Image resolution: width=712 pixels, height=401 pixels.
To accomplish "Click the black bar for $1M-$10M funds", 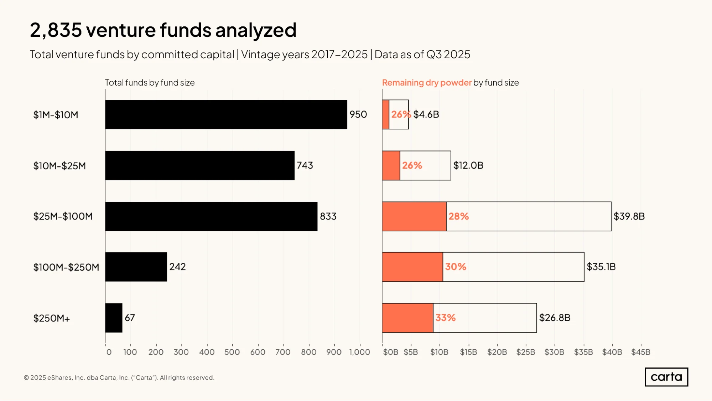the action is (x=226, y=114).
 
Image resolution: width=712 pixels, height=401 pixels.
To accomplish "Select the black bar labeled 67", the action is (x=114, y=318).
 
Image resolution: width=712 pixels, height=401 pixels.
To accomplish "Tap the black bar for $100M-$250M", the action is (x=136, y=267).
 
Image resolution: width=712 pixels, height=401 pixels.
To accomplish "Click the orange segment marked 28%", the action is (x=414, y=216).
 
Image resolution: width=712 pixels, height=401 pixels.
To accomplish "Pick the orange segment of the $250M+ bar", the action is (x=408, y=318).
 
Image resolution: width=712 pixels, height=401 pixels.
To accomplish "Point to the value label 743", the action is (x=305, y=165).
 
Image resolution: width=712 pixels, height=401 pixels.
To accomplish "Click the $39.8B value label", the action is (x=629, y=216).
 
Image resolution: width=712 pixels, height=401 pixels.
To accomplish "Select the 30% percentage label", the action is (x=456, y=267).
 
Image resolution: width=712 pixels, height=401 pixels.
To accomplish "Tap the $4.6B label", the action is (x=426, y=114).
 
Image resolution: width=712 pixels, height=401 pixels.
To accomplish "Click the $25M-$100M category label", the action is (x=63, y=216).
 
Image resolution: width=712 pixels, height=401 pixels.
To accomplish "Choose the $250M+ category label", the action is (x=52, y=318).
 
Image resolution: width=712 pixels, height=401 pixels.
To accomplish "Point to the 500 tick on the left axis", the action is (x=232, y=352).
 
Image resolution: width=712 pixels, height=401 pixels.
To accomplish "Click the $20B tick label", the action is (x=497, y=352).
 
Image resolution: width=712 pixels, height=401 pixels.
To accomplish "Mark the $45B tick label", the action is (x=641, y=352).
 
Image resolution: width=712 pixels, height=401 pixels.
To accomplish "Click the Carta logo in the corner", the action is (x=666, y=377).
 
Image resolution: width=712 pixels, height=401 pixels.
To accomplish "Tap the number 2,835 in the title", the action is (x=56, y=30).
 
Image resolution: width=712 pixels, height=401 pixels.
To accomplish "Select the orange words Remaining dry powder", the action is (x=427, y=83).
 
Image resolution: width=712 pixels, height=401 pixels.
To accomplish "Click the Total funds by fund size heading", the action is (x=150, y=83).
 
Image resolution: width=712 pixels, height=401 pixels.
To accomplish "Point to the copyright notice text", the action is (x=119, y=377).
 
